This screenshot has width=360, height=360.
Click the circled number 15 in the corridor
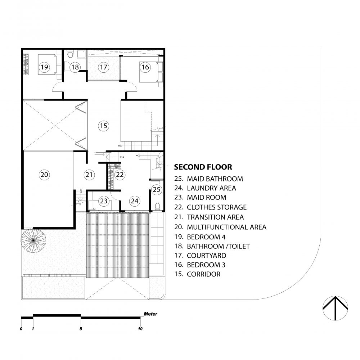coord(104,126)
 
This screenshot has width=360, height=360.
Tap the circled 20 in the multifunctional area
coord(44,175)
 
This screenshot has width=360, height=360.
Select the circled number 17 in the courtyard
coord(104,67)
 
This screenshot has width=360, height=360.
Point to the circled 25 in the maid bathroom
coord(157,190)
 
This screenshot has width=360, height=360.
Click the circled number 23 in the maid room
coord(104,201)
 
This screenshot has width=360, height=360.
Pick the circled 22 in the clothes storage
coord(120,175)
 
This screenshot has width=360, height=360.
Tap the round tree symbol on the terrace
coord(33,240)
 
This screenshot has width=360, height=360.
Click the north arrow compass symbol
coord(335,308)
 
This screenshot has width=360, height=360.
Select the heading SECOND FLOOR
coord(203,167)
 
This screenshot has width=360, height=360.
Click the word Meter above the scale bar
coord(150,314)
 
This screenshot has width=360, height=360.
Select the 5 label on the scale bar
coord(81,329)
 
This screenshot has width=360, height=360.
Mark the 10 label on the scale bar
coord(140,329)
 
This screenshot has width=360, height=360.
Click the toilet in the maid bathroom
coord(157,206)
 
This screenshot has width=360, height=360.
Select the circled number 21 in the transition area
coord(89,175)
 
